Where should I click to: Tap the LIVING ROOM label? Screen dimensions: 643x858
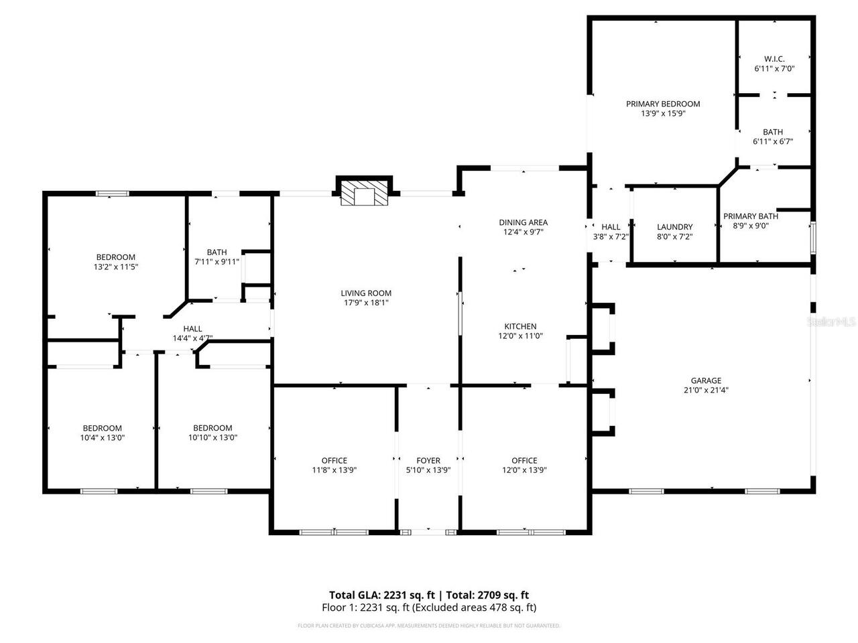pos(366,293)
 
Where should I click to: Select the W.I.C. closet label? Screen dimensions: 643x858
pos(774,59)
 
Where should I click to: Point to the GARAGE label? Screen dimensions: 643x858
pos(707,380)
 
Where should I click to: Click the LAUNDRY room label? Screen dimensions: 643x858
pos(674,227)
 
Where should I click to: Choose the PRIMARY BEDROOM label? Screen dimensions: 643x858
pos(663,104)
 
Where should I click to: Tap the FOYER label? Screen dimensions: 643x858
pos(428,460)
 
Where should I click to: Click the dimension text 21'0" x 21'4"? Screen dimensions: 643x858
pos(707,390)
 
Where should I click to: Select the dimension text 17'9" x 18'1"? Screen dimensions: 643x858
pos(366,303)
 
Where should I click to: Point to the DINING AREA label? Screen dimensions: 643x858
pos(523,222)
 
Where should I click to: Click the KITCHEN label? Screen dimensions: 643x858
pos(520,326)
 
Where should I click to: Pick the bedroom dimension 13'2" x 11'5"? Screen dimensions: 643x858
pos(116,267)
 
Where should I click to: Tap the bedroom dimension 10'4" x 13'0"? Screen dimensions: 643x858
pos(103,437)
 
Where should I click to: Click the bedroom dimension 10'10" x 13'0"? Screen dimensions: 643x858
pos(212,437)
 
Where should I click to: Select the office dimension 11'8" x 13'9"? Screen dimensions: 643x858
pos(334,470)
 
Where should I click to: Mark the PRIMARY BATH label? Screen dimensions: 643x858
pos(751,216)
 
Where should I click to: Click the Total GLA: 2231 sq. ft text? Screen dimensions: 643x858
pos(382,595)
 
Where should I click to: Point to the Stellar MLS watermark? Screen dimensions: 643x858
pos(832,322)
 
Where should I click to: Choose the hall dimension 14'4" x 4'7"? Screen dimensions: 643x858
pos(192,338)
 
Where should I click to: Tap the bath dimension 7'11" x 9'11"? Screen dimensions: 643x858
pos(217,262)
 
